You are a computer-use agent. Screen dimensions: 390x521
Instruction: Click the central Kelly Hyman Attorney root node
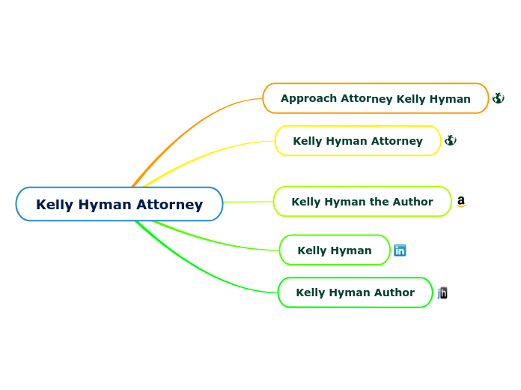coord(119,204)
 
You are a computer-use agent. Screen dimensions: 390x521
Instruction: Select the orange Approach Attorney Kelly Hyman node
coord(375,98)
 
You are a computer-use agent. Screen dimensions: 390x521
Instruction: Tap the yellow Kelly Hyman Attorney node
coord(357,141)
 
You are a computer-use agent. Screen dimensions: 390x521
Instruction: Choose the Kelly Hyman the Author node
coord(362,202)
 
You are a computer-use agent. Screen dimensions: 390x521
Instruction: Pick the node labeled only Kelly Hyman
coord(334,250)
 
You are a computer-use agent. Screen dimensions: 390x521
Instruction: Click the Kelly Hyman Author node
coord(355,292)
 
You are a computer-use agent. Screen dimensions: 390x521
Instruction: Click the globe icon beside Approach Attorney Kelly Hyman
coord(498,98)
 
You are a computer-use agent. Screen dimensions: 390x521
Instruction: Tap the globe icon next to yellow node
coord(450,140)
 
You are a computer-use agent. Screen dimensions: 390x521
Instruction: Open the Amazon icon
coord(461,201)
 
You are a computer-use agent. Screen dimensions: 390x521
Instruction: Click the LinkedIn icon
coord(400,250)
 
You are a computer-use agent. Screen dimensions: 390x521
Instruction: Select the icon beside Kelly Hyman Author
coord(442,292)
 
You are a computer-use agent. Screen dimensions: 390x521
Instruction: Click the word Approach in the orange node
coord(309,98)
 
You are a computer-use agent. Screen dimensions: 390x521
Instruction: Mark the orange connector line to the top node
coord(187,127)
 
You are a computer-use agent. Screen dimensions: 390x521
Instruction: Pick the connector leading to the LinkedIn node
coord(217,241)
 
